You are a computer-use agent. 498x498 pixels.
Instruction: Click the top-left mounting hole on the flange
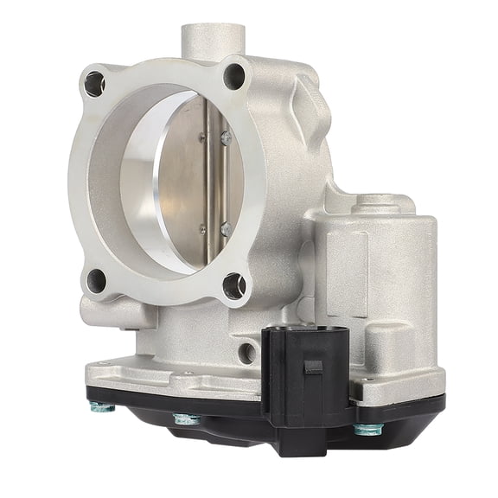(94, 85)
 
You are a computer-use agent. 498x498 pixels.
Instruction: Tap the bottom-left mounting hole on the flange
(97, 280)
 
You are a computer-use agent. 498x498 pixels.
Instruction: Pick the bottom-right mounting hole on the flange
(234, 285)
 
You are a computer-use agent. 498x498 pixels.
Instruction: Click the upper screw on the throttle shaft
(224, 136)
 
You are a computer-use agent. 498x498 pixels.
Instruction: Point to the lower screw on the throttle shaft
(225, 229)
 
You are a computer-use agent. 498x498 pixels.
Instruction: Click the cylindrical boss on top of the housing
(212, 39)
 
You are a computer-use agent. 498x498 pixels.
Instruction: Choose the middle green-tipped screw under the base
(185, 420)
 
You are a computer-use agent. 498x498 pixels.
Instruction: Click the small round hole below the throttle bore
(248, 352)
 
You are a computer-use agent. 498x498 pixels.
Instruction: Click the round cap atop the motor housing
(380, 204)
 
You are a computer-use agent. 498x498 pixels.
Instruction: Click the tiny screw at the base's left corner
(105, 364)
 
